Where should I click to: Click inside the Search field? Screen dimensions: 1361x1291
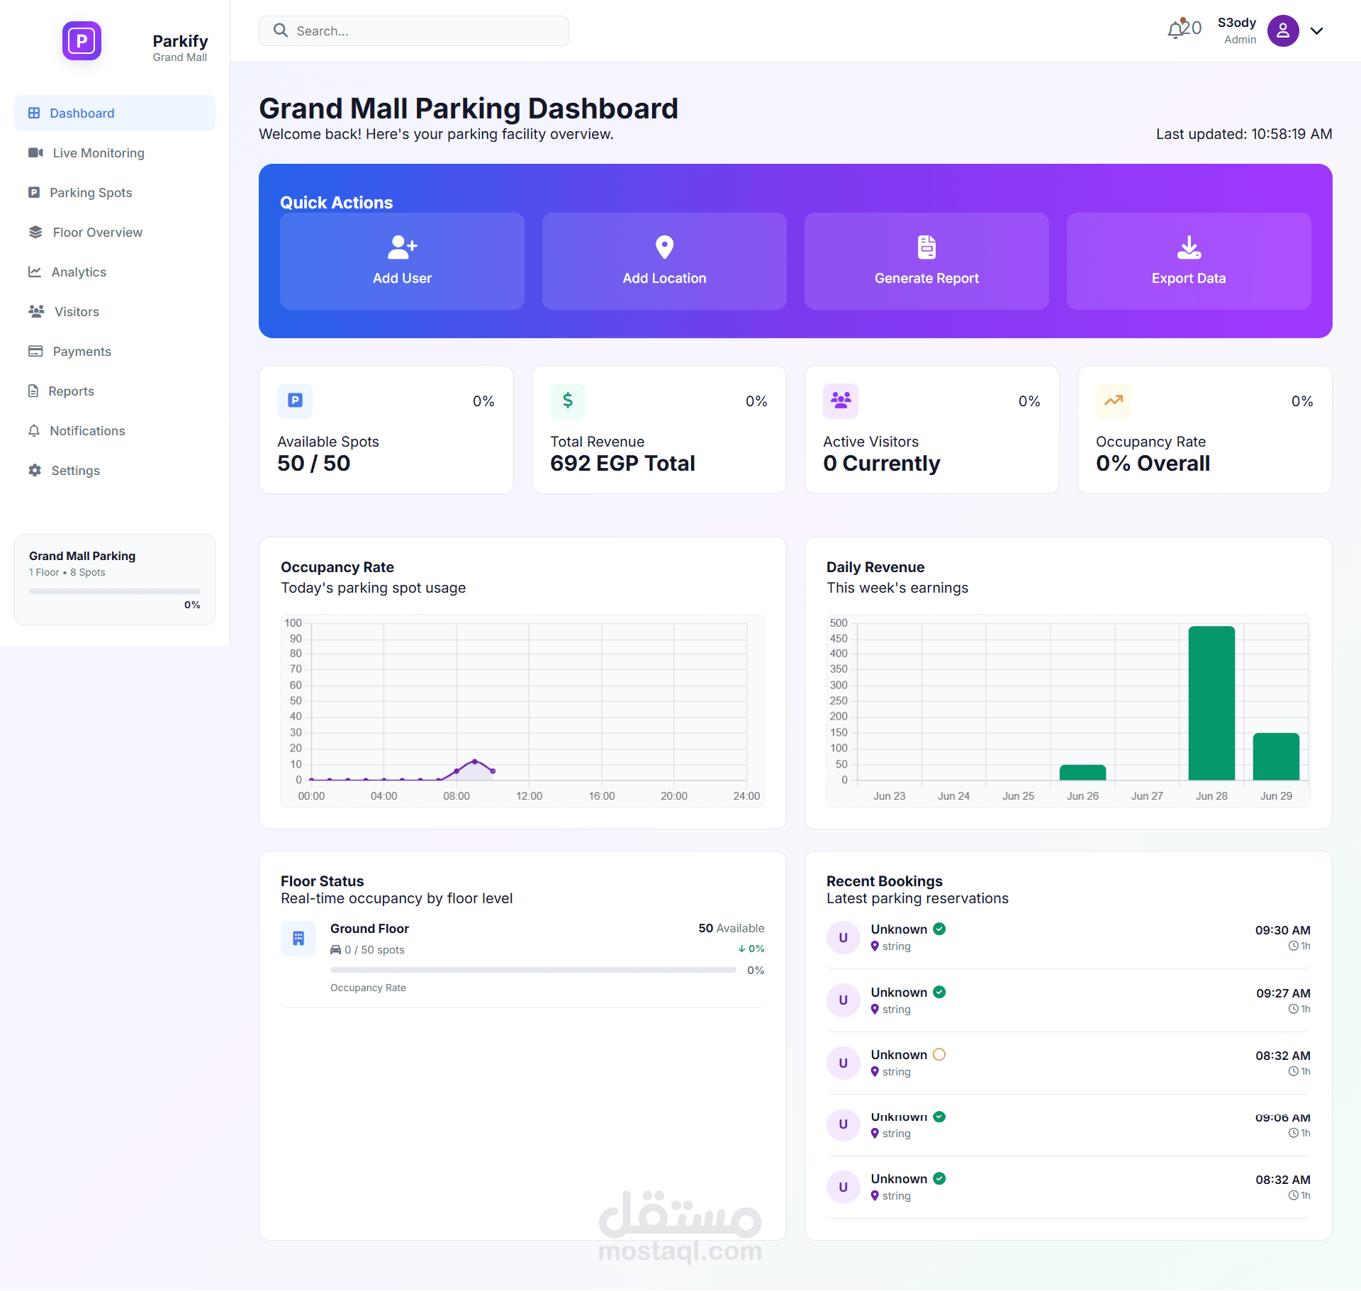tap(414, 31)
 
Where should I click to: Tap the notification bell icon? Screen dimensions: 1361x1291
tap(1176, 29)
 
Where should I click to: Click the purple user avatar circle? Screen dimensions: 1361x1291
tap(1283, 31)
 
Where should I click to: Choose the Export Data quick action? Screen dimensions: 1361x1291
tap(1189, 261)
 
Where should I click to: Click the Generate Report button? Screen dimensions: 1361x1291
tap(926, 261)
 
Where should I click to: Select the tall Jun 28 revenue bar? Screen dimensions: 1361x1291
tap(1211, 703)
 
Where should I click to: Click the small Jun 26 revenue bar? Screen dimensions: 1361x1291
tap(1082, 773)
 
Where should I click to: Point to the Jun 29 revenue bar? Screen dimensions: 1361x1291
tap(1276, 756)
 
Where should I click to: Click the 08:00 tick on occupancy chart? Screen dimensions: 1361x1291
tap(457, 796)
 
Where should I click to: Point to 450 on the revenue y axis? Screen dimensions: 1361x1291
tap(839, 639)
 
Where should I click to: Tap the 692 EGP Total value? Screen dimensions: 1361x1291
tap(622, 464)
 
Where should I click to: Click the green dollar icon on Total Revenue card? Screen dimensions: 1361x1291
tap(568, 401)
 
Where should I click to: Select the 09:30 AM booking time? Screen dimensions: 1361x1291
tap(1282, 930)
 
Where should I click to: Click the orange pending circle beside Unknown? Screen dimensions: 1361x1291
tap(939, 1054)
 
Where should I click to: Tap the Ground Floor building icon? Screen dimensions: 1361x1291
tap(298, 939)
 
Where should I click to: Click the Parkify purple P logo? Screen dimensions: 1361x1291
tap(82, 41)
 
